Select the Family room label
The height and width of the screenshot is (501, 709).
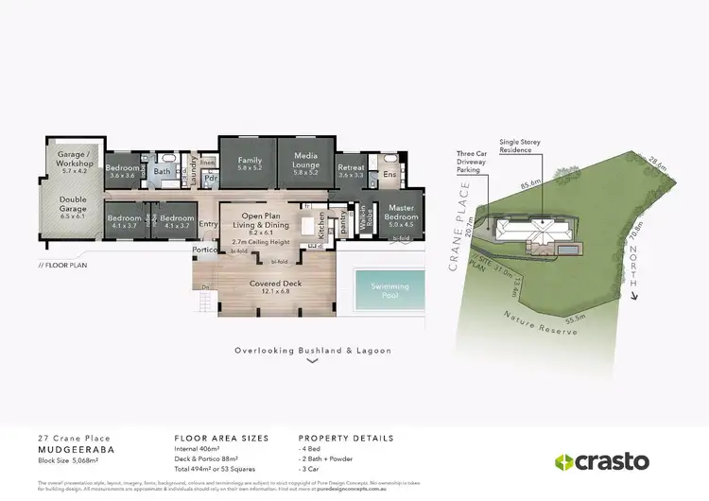(250, 164)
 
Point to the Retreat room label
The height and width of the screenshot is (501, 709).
(351, 170)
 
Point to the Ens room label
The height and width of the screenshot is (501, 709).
(389, 174)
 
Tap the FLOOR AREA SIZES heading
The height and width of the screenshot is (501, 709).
(221, 439)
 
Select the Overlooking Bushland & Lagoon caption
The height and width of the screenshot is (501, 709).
(313, 350)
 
